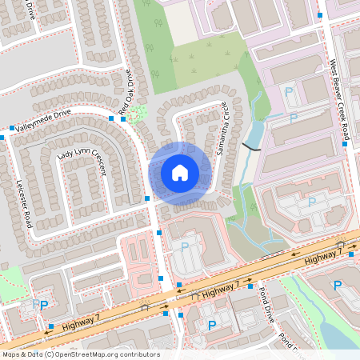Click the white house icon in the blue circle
pos(180,173)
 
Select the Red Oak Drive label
pos(129,90)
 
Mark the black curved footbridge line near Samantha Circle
pos(251,146)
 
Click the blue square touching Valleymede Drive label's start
pos(11,128)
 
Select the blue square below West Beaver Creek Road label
pos(346,145)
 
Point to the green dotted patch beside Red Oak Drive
pos(138,114)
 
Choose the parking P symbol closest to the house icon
pos(186,246)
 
